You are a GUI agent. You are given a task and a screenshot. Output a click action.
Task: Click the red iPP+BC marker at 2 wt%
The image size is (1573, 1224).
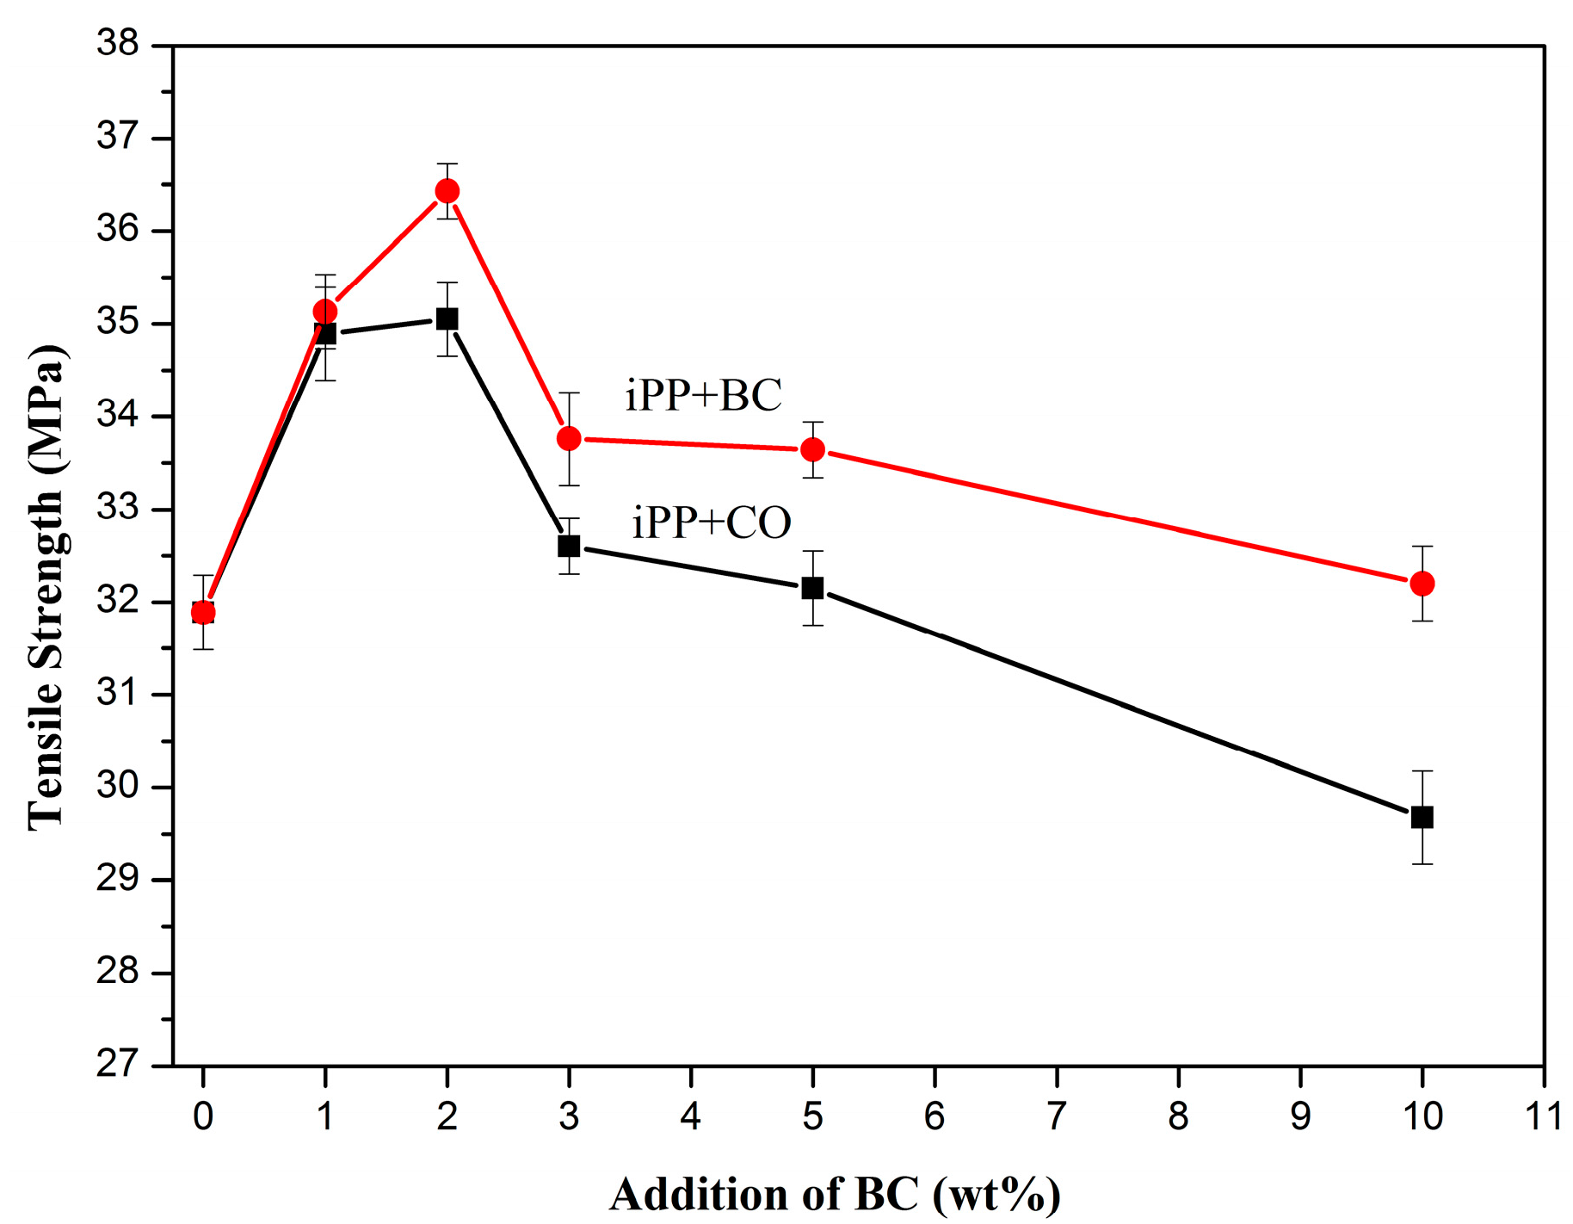(x=447, y=191)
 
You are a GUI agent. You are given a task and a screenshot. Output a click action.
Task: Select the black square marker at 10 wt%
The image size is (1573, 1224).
(x=1422, y=817)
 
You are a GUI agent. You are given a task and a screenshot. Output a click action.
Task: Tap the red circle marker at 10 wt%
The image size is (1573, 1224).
(x=1422, y=584)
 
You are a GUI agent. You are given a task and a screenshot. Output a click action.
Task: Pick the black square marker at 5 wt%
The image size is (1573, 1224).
(x=812, y=589)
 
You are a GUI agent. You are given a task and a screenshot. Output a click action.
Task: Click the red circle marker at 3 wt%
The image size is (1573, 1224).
(x=569, y=439)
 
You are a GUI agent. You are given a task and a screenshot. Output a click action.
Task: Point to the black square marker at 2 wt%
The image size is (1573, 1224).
(x=447, y=319)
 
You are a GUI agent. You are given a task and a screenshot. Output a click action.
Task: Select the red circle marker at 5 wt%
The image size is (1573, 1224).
(x=812, y=449)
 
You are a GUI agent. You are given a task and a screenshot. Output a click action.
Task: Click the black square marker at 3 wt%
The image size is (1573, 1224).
(x=569, y=546)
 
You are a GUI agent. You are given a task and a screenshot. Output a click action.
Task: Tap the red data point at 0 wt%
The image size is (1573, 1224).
(x=203, y=613)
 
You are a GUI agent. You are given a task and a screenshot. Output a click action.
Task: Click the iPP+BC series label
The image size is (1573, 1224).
(x=703, y=396)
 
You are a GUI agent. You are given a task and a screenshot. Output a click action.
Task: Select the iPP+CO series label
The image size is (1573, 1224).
(x=711, y=522)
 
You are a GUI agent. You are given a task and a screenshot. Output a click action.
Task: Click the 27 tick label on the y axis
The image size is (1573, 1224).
(x=118, y=1065)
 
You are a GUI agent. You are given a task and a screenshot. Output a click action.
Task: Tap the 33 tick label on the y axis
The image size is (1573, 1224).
(x=118, y=508)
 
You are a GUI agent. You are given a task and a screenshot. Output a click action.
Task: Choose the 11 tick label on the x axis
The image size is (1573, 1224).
(x=1542, y=1117)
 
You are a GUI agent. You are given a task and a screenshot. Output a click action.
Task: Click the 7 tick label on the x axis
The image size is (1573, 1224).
(x=1056, y=1117)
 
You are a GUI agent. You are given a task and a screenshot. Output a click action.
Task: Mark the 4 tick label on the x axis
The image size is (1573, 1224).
(x=690, y=1117)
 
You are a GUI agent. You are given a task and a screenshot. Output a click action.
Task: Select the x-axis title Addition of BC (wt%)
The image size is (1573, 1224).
(x=835, y=1195)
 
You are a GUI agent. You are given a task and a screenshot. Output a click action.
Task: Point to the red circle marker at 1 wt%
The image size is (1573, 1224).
(x=325, y=312)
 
